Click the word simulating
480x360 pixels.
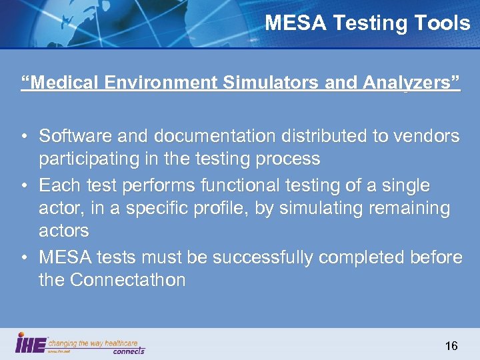(309, 209)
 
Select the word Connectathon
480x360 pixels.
(128, 280)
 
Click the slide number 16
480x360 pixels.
(451, 345)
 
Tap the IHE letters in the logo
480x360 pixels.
(31, 344)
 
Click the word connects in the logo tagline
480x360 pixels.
(129, 351)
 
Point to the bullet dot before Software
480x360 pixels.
(23, 137)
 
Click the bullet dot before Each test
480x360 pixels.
(23, 185)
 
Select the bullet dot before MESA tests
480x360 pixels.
(23, 257)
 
